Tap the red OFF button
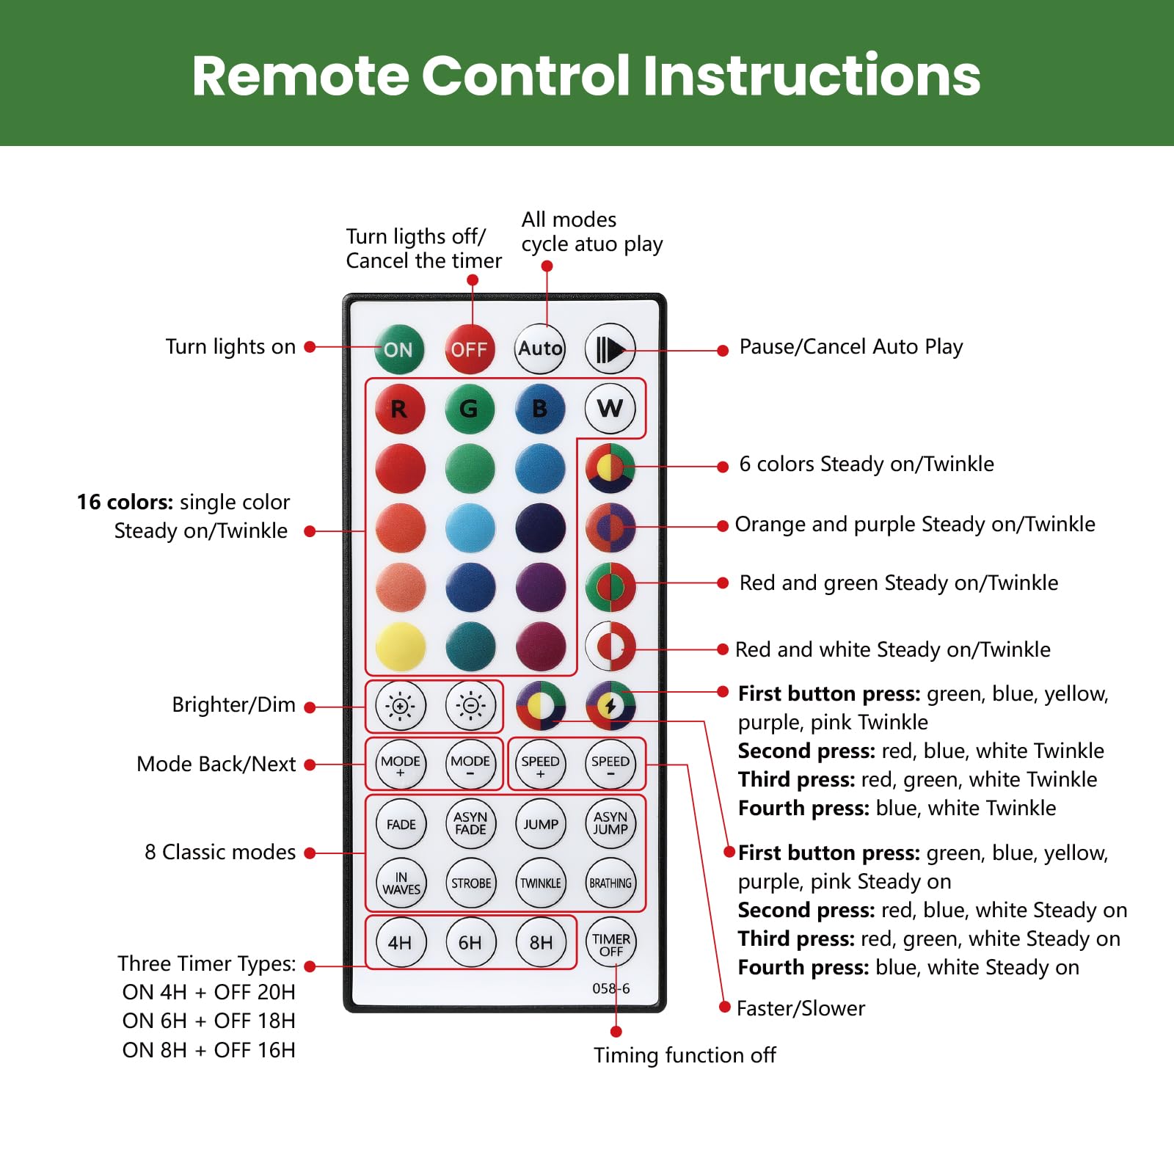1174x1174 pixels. [470, 349]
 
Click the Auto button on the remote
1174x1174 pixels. [540, 349]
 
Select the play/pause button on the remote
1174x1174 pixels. [610, 349]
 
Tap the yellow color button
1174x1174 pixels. [401, 647]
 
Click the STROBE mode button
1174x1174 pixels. [470, 883]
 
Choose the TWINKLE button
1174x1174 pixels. [541, 883]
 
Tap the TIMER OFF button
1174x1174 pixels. [610, 944]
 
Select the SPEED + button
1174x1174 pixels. [541, 765]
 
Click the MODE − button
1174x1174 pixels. [470, 765]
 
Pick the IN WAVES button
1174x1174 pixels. [401, 883]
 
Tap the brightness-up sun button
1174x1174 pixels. [401, 706]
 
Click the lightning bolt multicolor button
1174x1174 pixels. [610, 706]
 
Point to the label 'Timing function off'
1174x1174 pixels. [685, 1055]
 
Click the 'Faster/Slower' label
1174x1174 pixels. [801, 1008]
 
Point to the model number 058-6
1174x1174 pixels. [610, 988]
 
